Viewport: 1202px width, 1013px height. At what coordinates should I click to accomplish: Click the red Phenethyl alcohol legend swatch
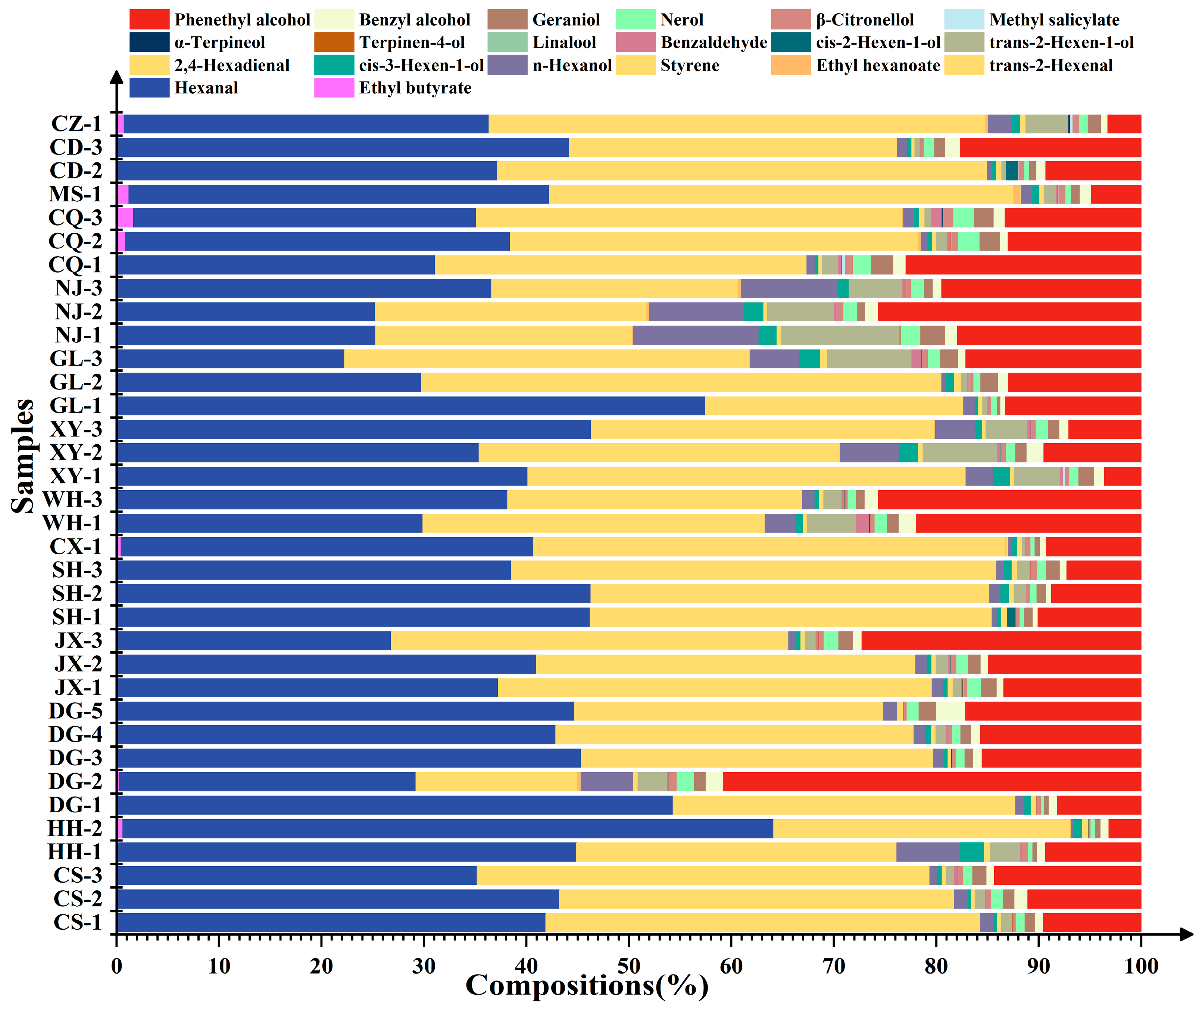point(149,19)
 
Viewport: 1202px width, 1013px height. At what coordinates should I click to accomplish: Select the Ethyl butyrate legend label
point(415,88)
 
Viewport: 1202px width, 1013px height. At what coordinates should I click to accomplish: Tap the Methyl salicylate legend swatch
point(964,19)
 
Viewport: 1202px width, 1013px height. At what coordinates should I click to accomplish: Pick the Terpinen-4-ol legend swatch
point(334,43)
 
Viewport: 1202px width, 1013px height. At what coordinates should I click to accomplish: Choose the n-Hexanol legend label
point(572,65)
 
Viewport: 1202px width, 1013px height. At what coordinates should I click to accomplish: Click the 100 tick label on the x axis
point(1140,966)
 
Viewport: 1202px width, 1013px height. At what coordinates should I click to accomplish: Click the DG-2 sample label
point(75,781)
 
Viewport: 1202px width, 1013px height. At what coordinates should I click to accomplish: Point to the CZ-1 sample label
point(77,124)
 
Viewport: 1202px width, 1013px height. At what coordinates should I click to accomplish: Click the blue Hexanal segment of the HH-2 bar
point(448,829)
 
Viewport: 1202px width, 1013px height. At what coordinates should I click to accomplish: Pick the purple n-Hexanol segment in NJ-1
point(695,335)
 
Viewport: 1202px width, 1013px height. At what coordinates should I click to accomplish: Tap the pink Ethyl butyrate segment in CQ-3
point(125,218)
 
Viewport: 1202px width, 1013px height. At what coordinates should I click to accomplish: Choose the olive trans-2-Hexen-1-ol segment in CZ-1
point(1046,124)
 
